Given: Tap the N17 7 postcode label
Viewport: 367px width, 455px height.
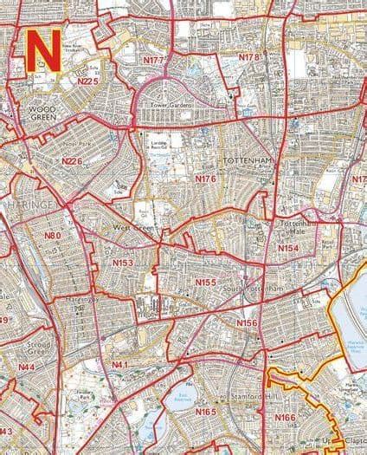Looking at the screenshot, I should point(154,62).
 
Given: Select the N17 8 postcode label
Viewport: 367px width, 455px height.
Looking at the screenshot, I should point(249,56).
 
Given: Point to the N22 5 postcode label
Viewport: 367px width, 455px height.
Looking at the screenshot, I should point(88,81).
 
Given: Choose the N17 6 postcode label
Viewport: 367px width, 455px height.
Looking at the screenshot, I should point(205,179).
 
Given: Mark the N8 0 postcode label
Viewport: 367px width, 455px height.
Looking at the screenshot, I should point(54,235).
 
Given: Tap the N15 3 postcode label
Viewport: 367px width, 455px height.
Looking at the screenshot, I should point(122,263).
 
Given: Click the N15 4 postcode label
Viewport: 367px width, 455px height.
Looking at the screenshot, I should point(288,248).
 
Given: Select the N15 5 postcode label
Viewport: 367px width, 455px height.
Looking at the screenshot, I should point(205,282).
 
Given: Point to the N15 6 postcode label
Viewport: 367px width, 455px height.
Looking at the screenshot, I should point(248,322).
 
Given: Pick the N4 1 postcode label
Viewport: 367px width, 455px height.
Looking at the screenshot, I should point(119,364).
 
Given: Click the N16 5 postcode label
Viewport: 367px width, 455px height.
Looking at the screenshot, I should point(205,411).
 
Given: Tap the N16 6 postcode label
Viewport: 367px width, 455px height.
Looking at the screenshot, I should point(285,417).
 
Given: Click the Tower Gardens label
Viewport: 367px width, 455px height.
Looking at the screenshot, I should point(171,105).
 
